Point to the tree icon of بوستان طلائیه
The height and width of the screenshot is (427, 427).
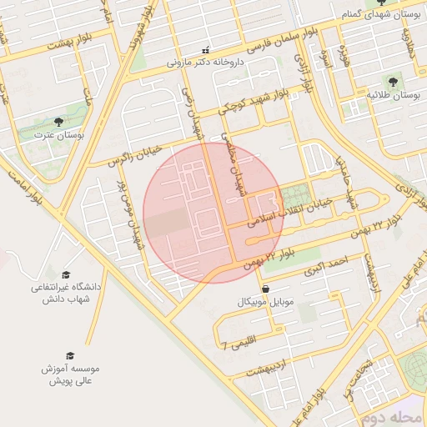[393, 83]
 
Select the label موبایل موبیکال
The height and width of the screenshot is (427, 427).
[265, 300]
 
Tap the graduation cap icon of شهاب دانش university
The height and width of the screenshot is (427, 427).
[66, 274]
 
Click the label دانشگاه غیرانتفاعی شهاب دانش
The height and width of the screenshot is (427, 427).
[66, 292]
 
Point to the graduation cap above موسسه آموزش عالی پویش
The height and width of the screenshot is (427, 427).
[70, 354]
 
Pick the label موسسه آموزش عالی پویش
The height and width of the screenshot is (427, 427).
[70, 374]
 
